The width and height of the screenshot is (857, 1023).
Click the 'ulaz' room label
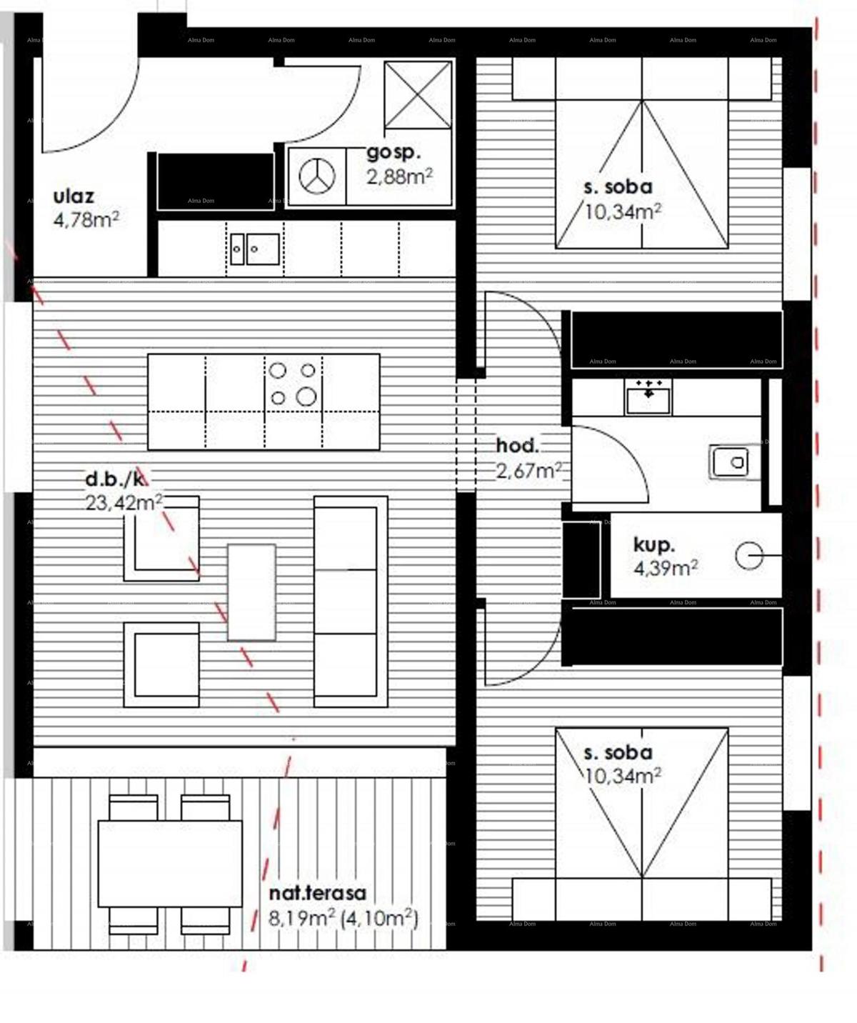tap(74, 196)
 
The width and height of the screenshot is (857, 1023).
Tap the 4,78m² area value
tap(86, 219)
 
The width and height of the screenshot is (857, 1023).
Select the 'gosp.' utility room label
tap(394, 153)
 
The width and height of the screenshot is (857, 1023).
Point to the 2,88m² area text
tap(399, 176)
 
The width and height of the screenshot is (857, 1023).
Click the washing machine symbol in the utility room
tap(317, 176)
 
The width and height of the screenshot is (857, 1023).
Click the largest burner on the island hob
tap(306, 396)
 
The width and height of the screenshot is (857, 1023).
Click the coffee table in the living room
tap(251, 592)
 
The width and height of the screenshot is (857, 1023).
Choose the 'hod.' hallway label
tap(518, 446)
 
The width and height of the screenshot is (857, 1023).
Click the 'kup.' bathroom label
tap(653, 546)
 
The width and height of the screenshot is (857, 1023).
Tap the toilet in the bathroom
tap(730, 461)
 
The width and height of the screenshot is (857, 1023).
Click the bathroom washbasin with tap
tap(648, 396)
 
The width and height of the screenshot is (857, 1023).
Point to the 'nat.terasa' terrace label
tap(317, 893)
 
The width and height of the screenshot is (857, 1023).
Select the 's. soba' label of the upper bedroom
tap(618, 187)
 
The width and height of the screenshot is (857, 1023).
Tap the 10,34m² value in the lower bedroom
tap(622, 776)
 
